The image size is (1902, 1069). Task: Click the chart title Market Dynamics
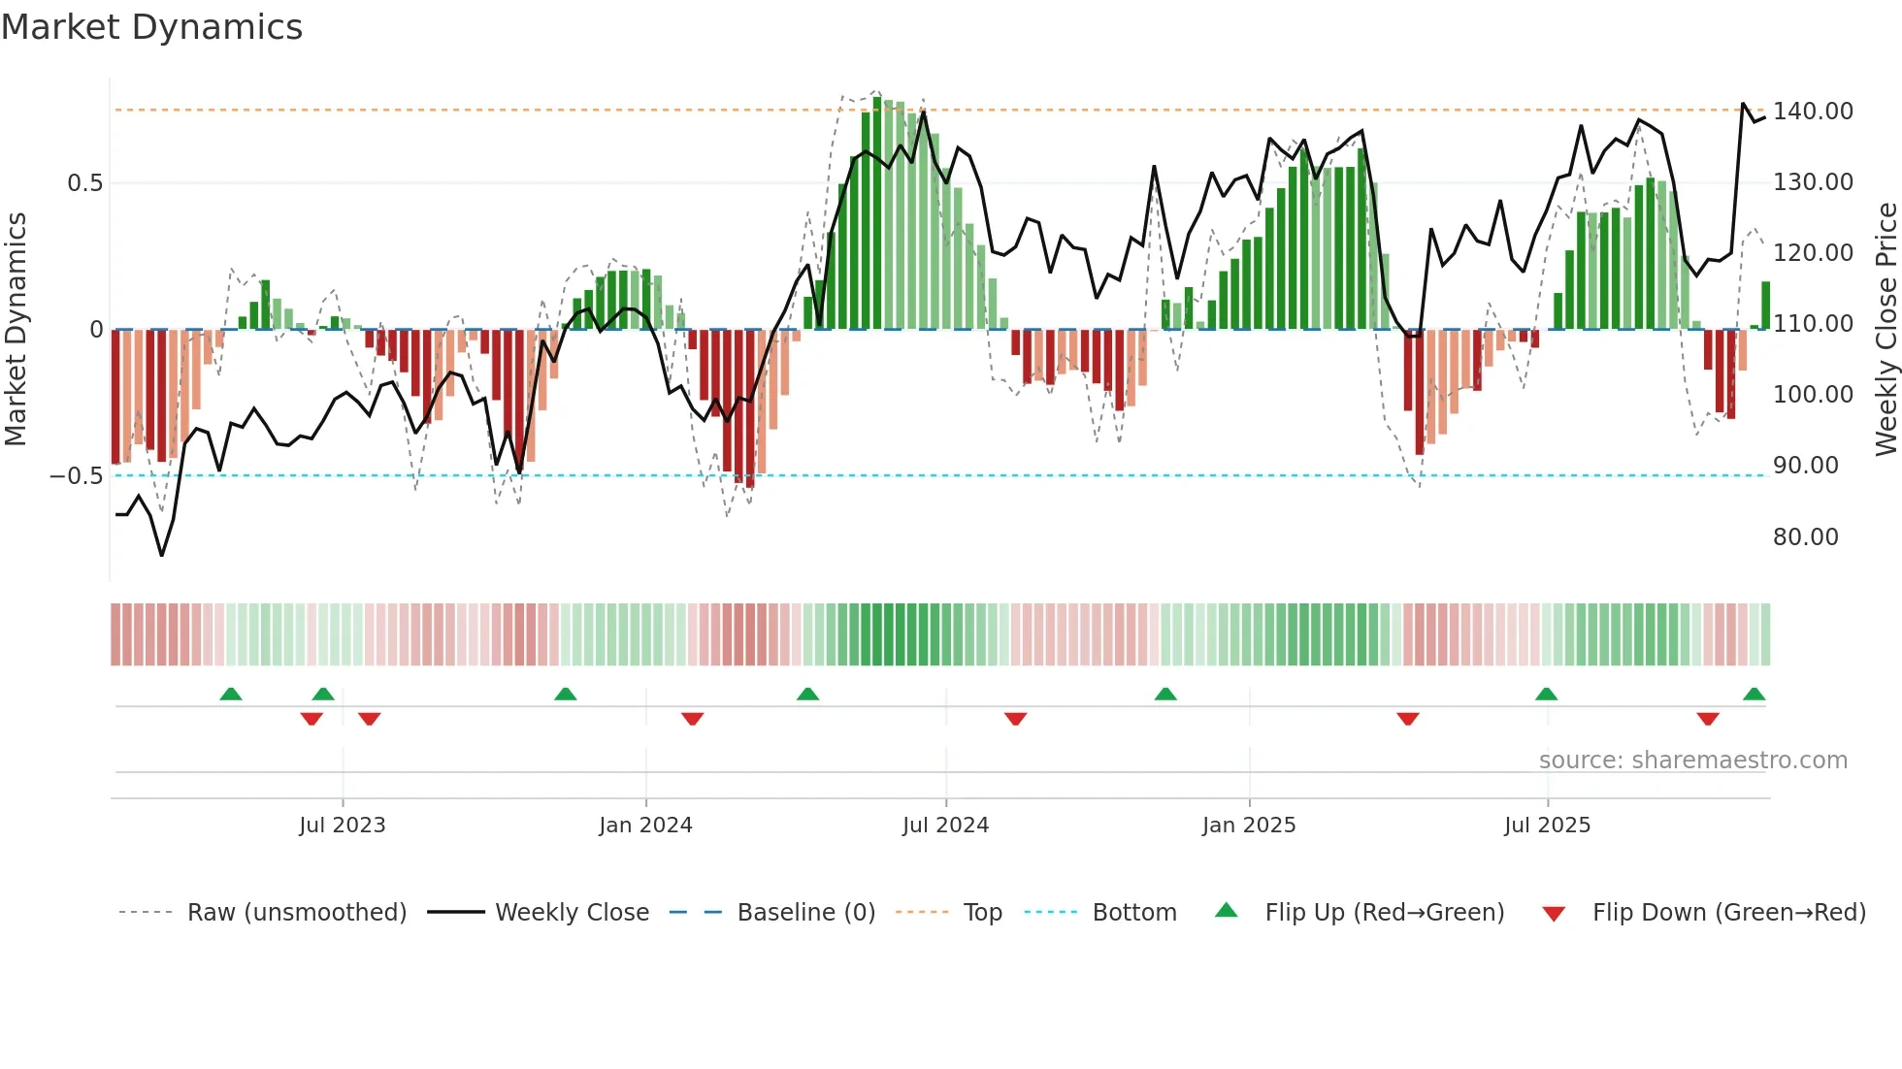(x=151, y=27)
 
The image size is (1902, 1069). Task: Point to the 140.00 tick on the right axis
(x=1813, y=112)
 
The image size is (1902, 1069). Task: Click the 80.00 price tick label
(x=1805, y=537)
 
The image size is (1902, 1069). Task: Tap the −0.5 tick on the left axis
(x=76, y=476)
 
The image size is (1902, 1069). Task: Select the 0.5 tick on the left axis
(x=84, y=183)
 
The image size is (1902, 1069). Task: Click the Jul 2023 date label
(x=342, y=826)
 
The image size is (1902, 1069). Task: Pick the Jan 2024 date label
(x=645, y=826)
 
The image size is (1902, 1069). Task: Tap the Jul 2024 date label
(x=945, y=826)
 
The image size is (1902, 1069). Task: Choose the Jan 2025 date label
(x=1249, y=826)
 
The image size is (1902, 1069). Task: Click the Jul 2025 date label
(x=1547, y=826)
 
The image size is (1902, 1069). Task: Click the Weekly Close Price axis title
(x=1886, y=330)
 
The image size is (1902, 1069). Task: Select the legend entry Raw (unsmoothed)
(x=296, y=913)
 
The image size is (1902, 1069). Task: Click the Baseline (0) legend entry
(x=805, y=913)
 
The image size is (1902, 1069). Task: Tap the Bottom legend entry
(x=1133, y=913)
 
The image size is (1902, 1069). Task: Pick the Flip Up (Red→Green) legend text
(x=1384, y=913)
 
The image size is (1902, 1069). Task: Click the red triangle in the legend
(x=1554, y=914)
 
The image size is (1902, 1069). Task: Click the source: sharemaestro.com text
(x=1692, y=761)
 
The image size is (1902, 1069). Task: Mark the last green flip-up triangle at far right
(x=1754, y=695)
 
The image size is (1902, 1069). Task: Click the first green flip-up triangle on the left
(x=231, y=695)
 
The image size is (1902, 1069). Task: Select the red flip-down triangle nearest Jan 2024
(x=692, y=719)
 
